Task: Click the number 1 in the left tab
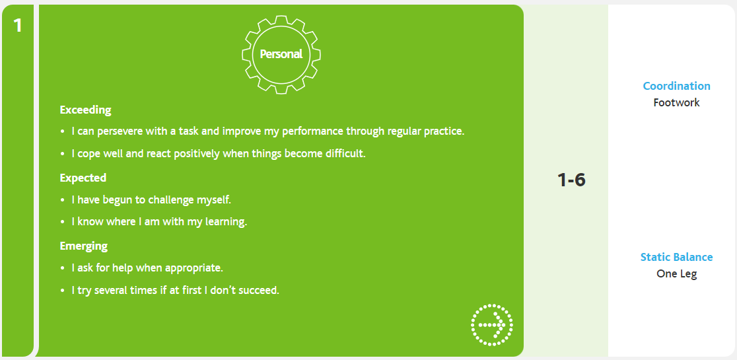[18, 25]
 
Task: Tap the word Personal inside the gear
[281, 54]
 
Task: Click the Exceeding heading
[86, 110]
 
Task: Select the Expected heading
[83, 178]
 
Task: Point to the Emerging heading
[84, 246]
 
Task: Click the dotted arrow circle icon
[491, 325]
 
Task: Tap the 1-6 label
[571, 180]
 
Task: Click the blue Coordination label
[676, 86]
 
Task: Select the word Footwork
[676, 102]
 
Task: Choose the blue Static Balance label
[676, 257]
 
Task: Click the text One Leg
[676, 273]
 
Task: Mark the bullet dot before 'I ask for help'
[63, 268]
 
